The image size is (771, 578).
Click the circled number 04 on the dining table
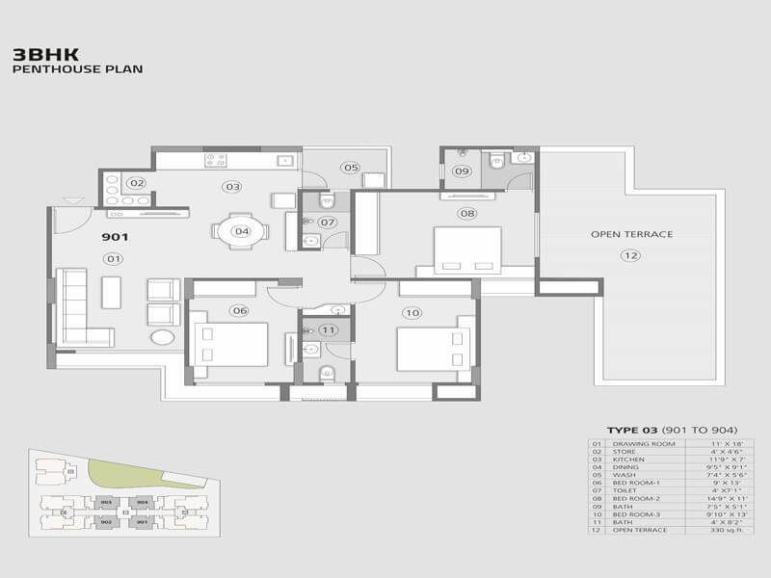241,231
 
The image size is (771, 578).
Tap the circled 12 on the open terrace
630,255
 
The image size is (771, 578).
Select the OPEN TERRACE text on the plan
631,234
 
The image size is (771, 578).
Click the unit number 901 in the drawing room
116,236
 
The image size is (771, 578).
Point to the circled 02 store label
137,183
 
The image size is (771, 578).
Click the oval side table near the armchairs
163,337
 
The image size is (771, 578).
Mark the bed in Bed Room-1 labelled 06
230,345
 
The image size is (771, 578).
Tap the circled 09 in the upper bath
462,171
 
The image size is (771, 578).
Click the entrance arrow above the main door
69,200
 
